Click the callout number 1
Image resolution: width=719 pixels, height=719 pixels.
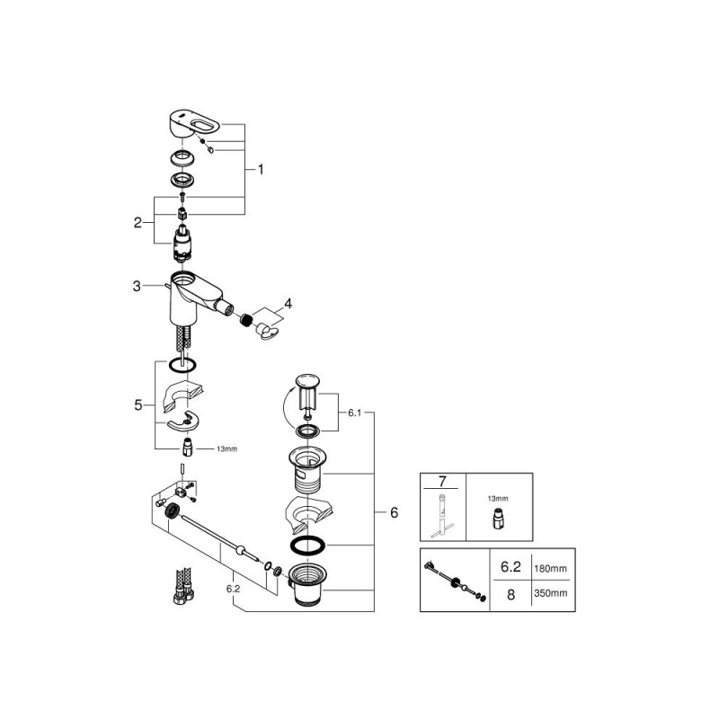(x=261, y=170)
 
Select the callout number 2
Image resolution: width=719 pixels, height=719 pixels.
(x=138, y=223)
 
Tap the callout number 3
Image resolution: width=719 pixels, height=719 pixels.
(x=137, y=286)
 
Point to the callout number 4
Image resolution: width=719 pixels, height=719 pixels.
(x=288, y=304)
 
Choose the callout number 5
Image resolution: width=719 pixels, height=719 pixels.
(x=138, y=405)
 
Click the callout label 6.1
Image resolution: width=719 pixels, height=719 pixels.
(x=354, y=413)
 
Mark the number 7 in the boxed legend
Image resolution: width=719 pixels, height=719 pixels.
(x=442, y=482)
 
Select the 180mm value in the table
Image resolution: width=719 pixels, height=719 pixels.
(x=550, y=569)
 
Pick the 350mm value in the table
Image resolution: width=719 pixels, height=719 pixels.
(x=550, y=593)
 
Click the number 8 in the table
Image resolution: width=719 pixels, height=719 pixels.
(x=510, y=595)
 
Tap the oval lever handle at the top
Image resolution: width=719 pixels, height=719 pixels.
(x=195, y=124)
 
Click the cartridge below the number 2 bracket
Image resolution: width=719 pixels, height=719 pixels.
(x=182, y=244)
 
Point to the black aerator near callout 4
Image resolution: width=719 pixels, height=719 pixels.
(x=247, y=320)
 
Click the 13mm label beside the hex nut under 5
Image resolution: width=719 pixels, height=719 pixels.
(x=227, y=448)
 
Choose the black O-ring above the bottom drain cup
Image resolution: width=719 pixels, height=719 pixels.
(x=307, y=546)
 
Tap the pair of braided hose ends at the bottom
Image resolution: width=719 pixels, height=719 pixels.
(x=183, y=586)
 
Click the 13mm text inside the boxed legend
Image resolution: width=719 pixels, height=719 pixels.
(x=498, y=499)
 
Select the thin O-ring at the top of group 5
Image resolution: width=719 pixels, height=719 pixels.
(x=182, y=366)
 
